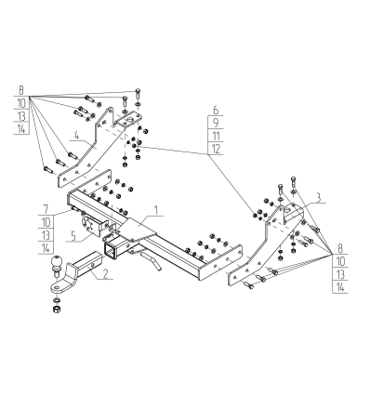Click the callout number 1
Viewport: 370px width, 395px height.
(x=156, y=210)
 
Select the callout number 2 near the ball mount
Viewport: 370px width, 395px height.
(x=105, y=273)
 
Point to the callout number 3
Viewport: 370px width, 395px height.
(x=318, y=197)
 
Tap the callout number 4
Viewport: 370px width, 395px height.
(x=77, y=136)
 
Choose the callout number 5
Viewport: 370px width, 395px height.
(x=73, y=236)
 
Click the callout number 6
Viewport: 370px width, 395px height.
(x=216, y=110)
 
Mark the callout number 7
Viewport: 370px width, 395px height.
(x=46, y=208)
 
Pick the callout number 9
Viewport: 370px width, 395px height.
(x=216, y=123)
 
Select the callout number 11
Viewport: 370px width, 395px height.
(x=216, y=136)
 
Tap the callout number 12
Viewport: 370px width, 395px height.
(x=216, y=149)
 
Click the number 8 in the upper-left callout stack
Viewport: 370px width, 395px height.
(x=21, y=90)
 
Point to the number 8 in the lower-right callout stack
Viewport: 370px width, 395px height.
(x=340, y=248)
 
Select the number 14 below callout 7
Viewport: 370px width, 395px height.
(x=46, y=248)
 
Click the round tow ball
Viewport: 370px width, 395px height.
(x=58, y=262)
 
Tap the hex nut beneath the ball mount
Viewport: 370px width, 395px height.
(x=57, y=309)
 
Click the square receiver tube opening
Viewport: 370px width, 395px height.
(x=111, y=249)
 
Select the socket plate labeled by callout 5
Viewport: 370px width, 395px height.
(x=90, y=225)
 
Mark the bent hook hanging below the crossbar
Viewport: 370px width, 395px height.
(x=152, y=261)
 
